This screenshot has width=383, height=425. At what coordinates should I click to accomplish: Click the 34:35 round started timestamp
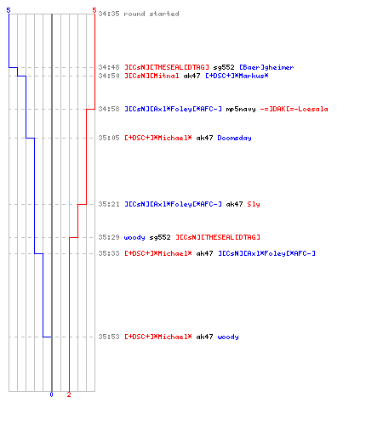point(109,14)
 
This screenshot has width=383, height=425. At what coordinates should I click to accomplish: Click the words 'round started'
point(151,14)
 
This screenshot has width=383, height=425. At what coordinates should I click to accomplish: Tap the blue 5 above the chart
point(9,10)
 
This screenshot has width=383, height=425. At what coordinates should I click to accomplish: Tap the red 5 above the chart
point(94,10)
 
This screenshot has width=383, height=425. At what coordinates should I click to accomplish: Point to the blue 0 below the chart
point(51,394)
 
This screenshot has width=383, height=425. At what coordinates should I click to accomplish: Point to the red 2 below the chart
point(69,394)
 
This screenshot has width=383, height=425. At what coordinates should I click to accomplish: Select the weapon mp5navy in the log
point(241,109)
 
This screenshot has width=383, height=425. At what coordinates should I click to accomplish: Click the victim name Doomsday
point(234,138)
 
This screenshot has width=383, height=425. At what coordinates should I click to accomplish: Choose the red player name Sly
point(254,204)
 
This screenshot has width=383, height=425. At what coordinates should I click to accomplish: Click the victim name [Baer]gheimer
point(266,67)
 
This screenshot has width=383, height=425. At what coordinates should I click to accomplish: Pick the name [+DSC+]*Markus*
point(237,76)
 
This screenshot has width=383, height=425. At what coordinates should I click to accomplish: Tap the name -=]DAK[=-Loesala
point(294,109)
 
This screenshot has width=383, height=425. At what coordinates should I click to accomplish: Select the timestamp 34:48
point(109,67)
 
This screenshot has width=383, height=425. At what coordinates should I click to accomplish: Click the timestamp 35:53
point(109,337)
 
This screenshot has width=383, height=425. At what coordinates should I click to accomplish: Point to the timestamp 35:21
point(109,204)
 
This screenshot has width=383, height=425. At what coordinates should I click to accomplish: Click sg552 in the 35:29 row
point(160,237)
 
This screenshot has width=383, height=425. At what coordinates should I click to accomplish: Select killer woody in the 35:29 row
point(134,237)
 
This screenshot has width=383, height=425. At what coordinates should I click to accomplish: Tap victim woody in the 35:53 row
point(228,337)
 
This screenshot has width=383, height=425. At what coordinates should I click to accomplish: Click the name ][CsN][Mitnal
point(151,76)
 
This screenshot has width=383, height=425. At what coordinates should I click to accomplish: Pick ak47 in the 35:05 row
point(204,138)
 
